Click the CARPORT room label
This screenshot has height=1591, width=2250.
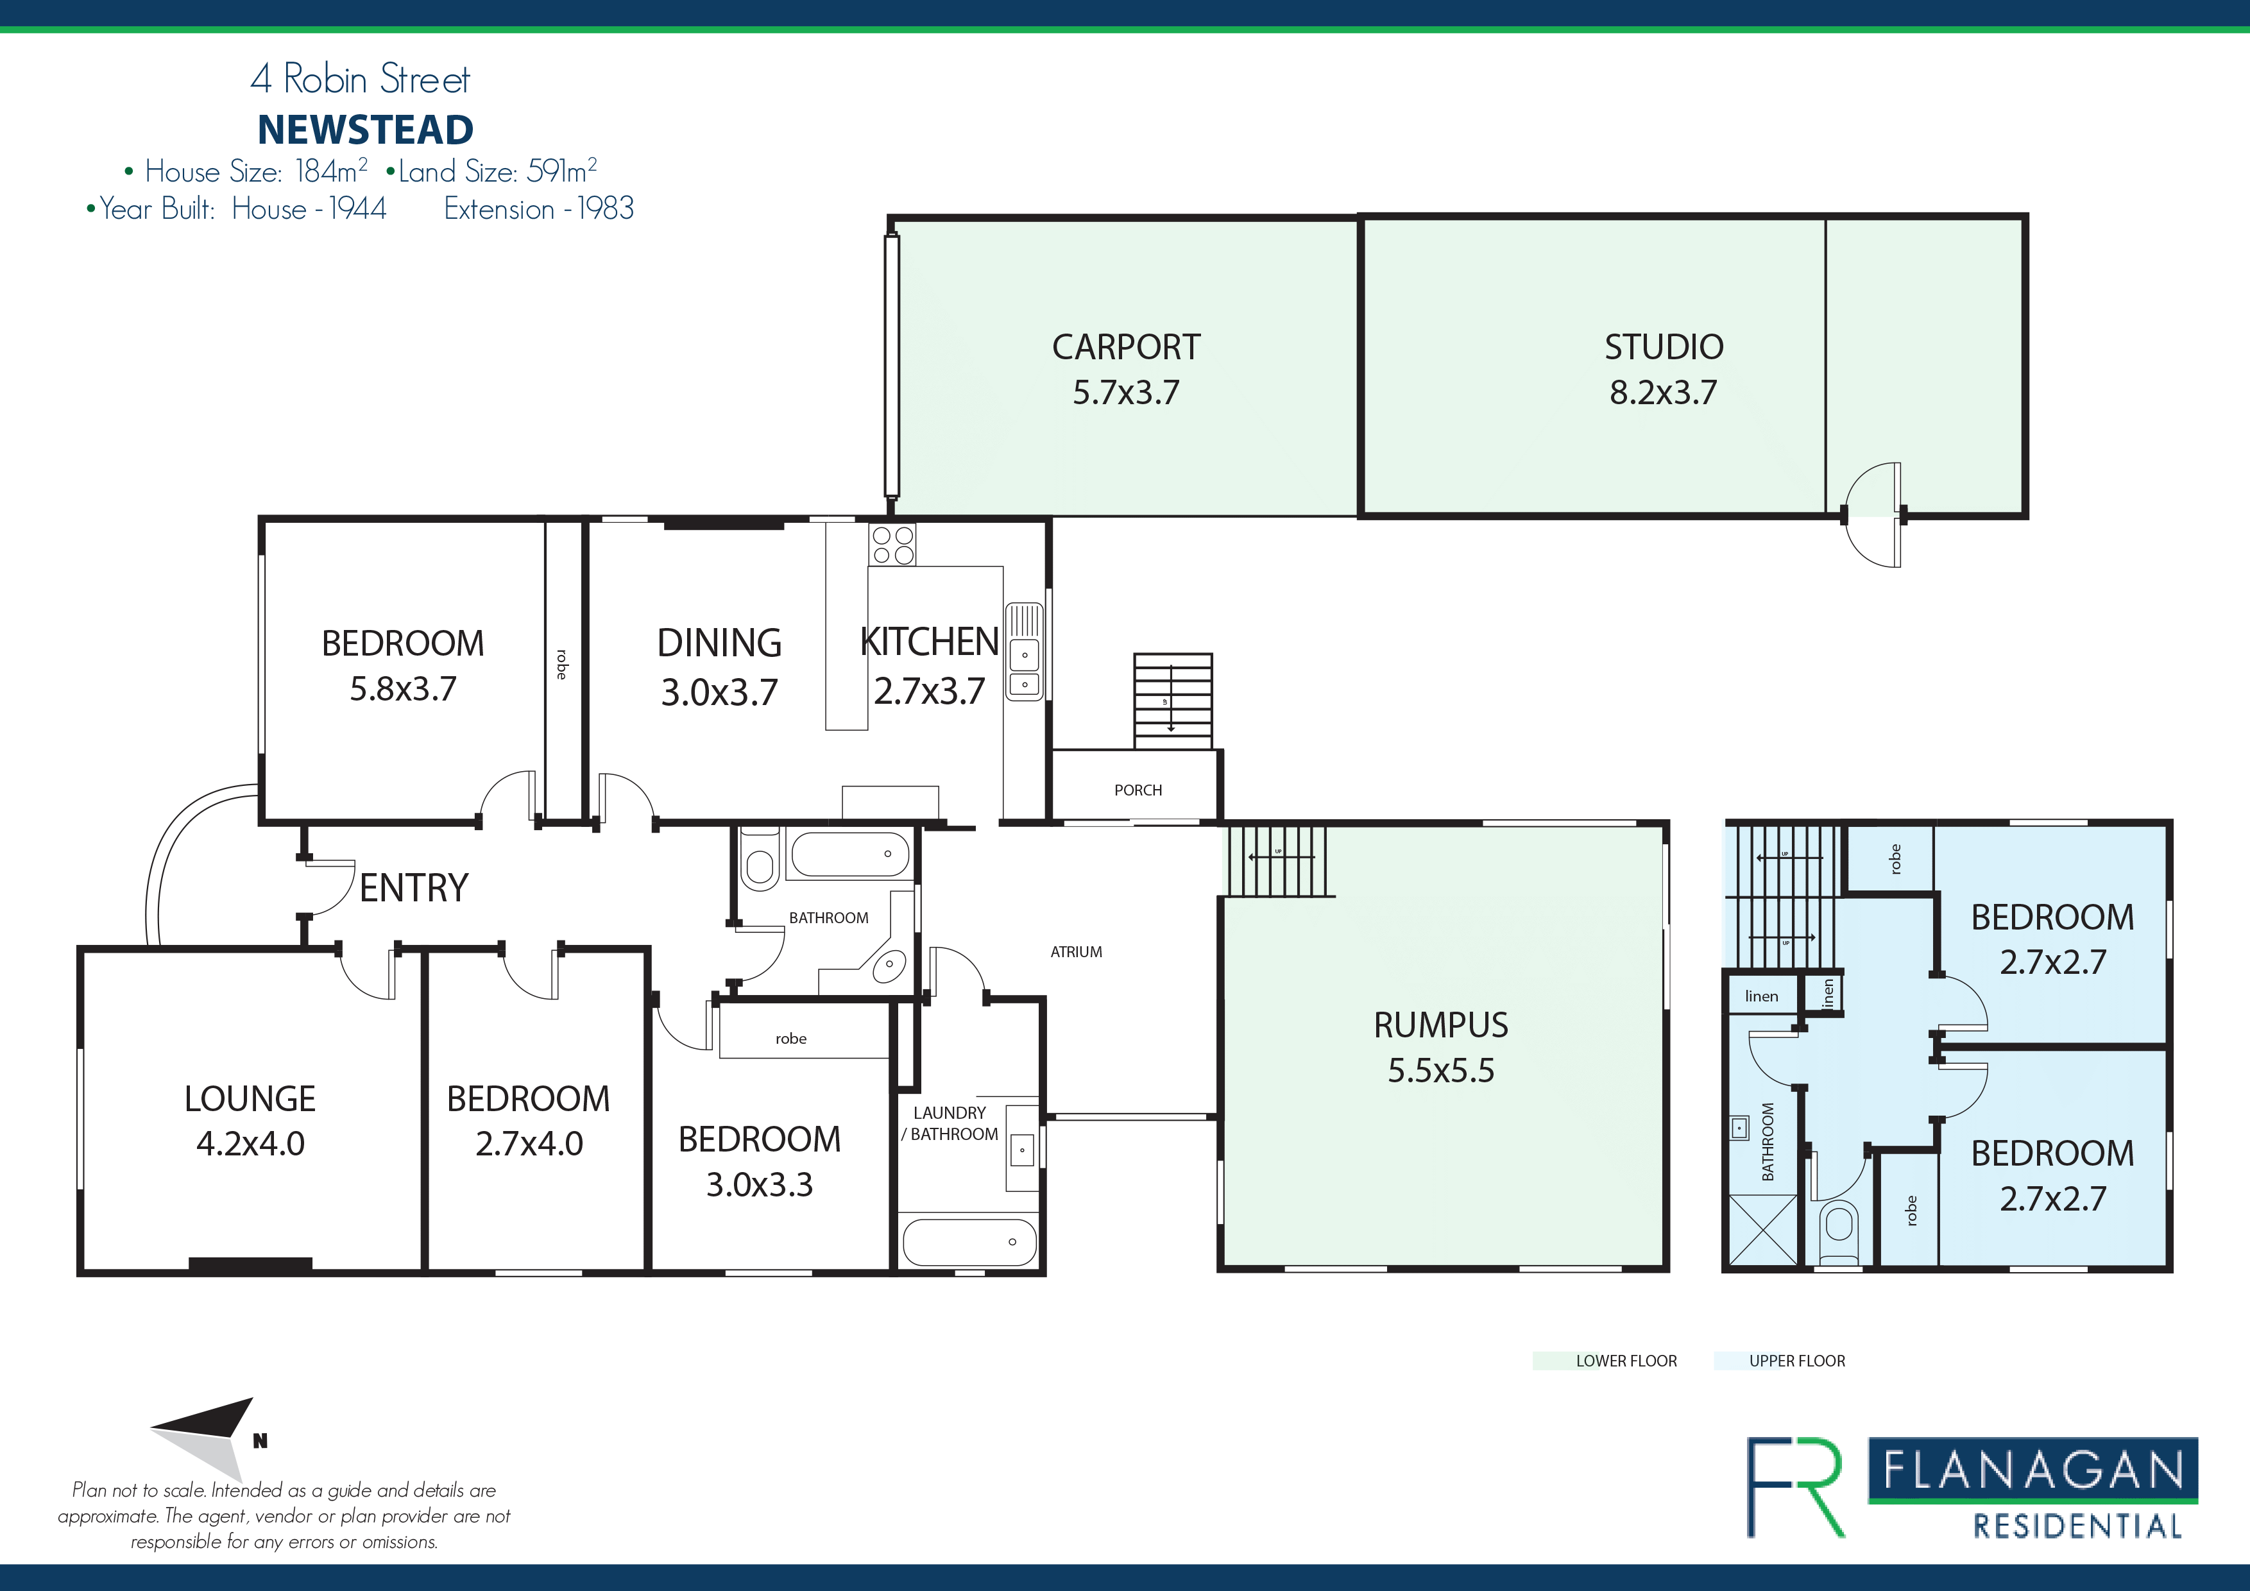(1126, 347)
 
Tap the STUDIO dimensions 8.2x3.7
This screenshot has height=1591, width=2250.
(1663, 393)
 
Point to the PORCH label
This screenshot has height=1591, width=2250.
(1138, 790)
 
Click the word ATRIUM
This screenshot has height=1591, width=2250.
(1076, 951)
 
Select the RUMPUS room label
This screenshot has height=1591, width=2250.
(1440, 1025)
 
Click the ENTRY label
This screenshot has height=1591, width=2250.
(414, 888)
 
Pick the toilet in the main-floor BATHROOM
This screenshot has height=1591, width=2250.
(760, 859)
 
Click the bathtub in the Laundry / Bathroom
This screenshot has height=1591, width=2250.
(968, 1242)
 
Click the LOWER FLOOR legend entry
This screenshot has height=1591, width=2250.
(1605, 1361)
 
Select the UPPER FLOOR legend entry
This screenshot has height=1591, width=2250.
(1780, 1361)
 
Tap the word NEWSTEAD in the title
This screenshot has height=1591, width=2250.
(366, 130)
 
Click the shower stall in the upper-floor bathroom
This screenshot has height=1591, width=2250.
(1764, 1230)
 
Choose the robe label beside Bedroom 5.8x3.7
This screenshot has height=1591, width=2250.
(561, 664)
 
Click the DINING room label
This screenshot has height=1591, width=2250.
(719, 643)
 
